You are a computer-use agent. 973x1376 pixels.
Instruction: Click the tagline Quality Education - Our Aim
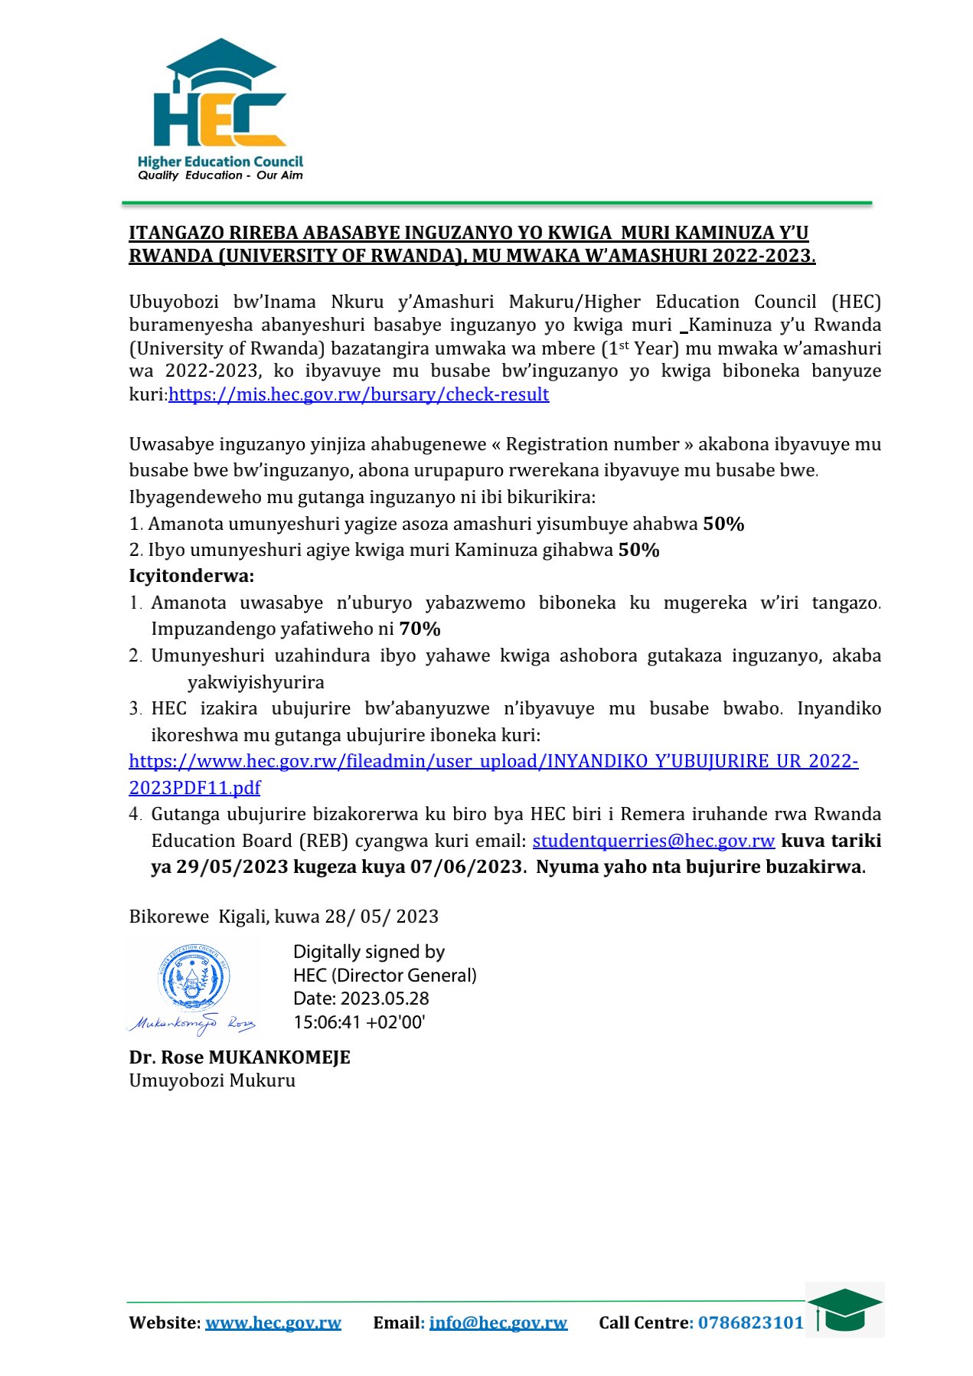(x=220, y=175)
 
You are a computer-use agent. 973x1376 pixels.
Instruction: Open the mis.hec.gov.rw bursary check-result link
(x=358, y=394)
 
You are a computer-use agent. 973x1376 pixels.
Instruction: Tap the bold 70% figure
(x=420, y=629)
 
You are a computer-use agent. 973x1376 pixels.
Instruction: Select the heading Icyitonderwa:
(x=191, y=576)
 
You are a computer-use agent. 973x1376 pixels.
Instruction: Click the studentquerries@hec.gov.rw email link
(x=653, y=841)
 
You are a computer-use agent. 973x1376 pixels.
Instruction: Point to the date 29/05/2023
(x=232, y=867)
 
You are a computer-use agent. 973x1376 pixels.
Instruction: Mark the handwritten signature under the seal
(x=191, y=1023)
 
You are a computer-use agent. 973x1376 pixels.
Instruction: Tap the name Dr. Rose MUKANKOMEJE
(x=240, y=1057)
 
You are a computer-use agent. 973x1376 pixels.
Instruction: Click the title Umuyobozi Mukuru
(x=212, y=1080)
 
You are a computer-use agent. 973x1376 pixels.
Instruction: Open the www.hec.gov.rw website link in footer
(x=273, y=1323)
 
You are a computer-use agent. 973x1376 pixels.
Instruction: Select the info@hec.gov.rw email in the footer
(x=498, y=1323)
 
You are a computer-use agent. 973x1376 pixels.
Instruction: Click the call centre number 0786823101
(x=751, y=1323)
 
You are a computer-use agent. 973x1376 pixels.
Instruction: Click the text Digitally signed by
(x=369, y=952)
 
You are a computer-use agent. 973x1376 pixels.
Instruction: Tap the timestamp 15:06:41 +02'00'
(x=359, y=1022)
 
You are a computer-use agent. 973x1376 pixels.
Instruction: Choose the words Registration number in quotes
(x=593, y=445)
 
